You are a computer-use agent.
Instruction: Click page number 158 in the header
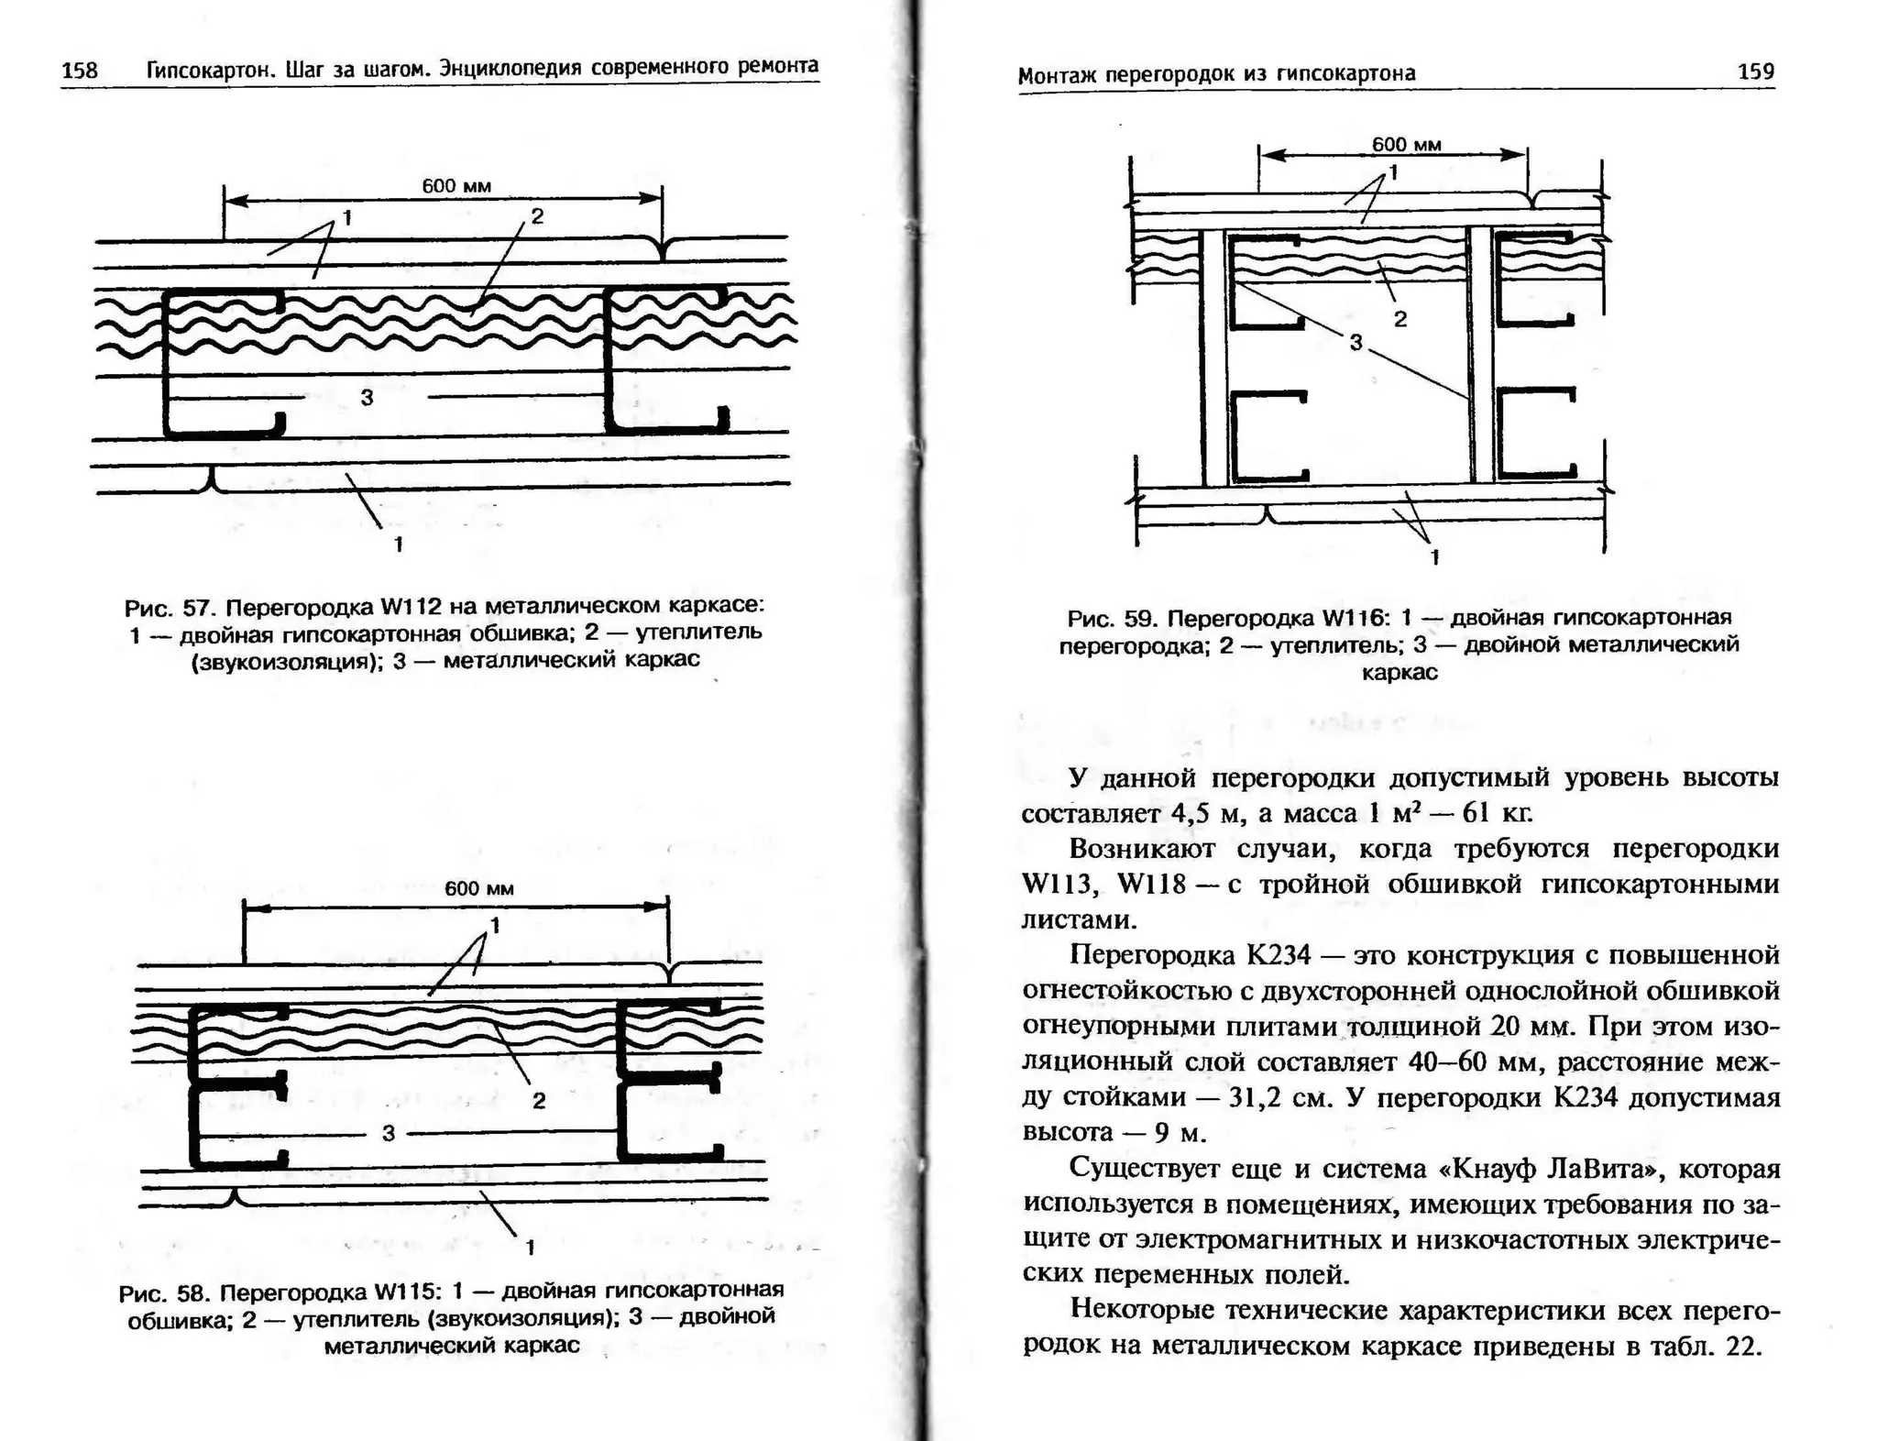pos(79,71)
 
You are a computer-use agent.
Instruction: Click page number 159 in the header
pos(1755,71)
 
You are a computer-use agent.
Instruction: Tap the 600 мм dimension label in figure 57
pos(456,186)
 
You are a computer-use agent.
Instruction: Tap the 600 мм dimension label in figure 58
pos(478,888)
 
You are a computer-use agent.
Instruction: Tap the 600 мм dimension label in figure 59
pos(1406,144)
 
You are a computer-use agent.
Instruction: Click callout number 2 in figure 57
pos(537,216)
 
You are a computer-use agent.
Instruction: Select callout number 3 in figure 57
pos(367,397)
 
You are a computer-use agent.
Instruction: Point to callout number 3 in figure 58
pos(388,1133)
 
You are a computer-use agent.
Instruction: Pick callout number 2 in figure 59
pos(1400,319)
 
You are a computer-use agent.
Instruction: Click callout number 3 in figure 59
pos(1356,342)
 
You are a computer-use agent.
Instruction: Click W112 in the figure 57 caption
pos(411,607)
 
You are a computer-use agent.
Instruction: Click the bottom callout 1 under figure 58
pos(530,1247)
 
